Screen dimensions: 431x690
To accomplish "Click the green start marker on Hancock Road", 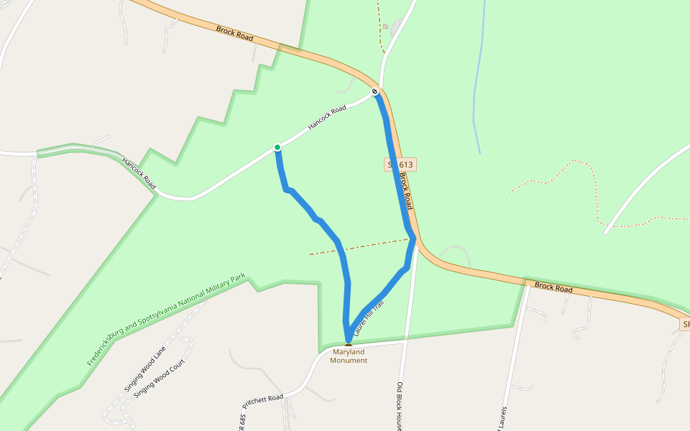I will (x=277, y=147).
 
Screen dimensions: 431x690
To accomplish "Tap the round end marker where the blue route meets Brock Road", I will (x=374, y=92).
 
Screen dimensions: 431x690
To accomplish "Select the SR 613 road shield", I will (x=400, y=164).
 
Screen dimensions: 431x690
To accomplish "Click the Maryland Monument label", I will (x=349, y=356).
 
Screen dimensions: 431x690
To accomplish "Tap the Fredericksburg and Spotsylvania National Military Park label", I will (x=166, y=320).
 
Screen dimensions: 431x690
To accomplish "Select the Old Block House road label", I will (x=400, y=406).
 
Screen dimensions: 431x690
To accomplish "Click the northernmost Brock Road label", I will (x=234, y=33).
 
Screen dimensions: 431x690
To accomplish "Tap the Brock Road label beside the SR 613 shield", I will (x=406, y=190).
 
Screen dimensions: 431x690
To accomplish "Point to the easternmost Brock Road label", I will (x=553, y=288).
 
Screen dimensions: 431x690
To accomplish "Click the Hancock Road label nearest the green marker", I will (x=327, y=118).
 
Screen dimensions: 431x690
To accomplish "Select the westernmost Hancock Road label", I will (x=139, y=174).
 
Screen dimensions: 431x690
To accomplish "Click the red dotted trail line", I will (x=597, y=194).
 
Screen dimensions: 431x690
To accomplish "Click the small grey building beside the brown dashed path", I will (x=386, y=27).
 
